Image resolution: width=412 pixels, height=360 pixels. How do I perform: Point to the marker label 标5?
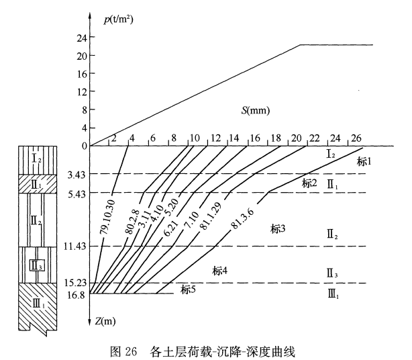189,289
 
